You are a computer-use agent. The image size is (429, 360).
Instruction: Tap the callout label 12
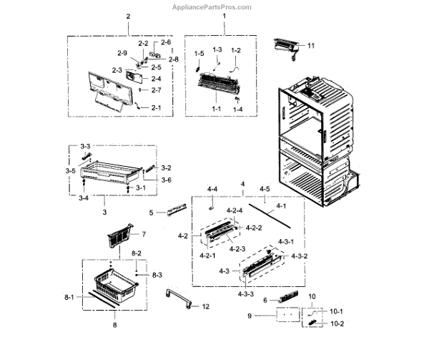point(205,306)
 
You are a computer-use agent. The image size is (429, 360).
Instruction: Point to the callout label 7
point(143,234)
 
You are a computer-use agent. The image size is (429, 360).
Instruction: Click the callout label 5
point(151,212)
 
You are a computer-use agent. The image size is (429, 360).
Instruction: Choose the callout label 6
point(265,300)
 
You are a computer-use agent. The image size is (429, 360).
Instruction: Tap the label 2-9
point(122,53)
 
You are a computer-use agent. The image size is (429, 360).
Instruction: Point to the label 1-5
point(199,54)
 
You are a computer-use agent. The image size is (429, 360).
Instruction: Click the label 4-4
point(212,189)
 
